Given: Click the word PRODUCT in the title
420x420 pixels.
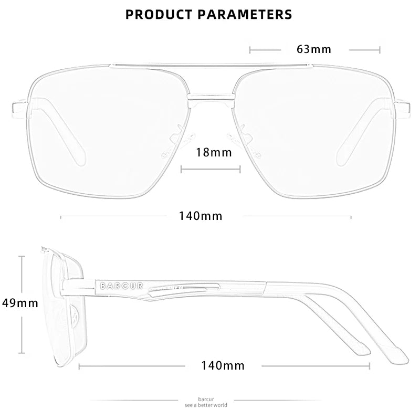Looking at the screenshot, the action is click(159, 15).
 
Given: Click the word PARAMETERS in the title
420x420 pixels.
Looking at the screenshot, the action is click(245, 15).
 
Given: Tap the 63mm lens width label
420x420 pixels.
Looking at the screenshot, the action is click(314, 49).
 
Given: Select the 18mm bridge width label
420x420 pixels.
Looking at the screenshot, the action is click(214, 152).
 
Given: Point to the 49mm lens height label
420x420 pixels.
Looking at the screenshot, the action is click(20, 303).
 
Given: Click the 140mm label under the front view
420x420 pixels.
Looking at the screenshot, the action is click(201, 216).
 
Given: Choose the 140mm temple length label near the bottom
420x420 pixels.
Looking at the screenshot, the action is click(223, 365).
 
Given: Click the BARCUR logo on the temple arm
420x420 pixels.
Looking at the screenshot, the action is click(121, 286).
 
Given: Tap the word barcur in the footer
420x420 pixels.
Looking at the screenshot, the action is click(206, 399).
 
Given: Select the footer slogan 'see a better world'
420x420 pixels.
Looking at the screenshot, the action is click(206, 405).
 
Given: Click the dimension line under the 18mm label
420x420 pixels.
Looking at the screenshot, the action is click(211, 169).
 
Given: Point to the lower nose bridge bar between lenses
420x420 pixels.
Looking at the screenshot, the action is click(211, 97).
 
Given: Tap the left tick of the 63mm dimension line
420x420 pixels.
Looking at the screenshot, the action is click(250, 50).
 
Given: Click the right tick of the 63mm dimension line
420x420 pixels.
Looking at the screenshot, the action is click(380, 50).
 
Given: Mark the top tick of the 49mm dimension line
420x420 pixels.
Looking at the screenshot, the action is click(22, 256).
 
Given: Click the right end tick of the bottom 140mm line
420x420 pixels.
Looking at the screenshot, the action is click(370, 366).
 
